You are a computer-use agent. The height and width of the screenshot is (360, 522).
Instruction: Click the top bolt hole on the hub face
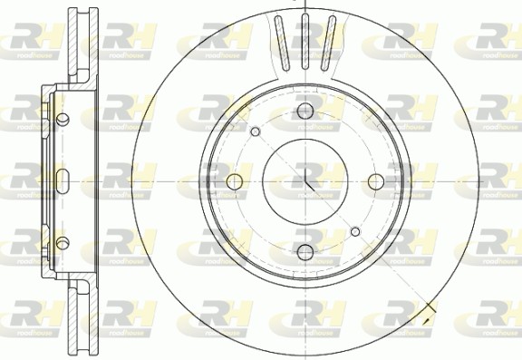pos(305,112)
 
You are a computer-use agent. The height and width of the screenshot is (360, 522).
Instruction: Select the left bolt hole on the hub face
pos(236,181)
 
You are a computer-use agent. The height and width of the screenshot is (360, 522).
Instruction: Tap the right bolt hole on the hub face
pos(376,181)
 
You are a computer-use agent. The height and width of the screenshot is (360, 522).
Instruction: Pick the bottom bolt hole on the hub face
pos(305,251)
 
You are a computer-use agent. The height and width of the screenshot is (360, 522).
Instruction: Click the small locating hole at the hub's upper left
pos(255,133)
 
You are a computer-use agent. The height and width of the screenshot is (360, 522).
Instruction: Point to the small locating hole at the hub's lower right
pos(356,232)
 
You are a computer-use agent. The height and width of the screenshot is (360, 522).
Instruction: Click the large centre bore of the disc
pos(305,181)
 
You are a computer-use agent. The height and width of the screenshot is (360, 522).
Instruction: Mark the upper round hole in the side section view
pos(63,120)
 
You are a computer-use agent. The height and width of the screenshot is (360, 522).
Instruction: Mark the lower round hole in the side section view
pos(63,242)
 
